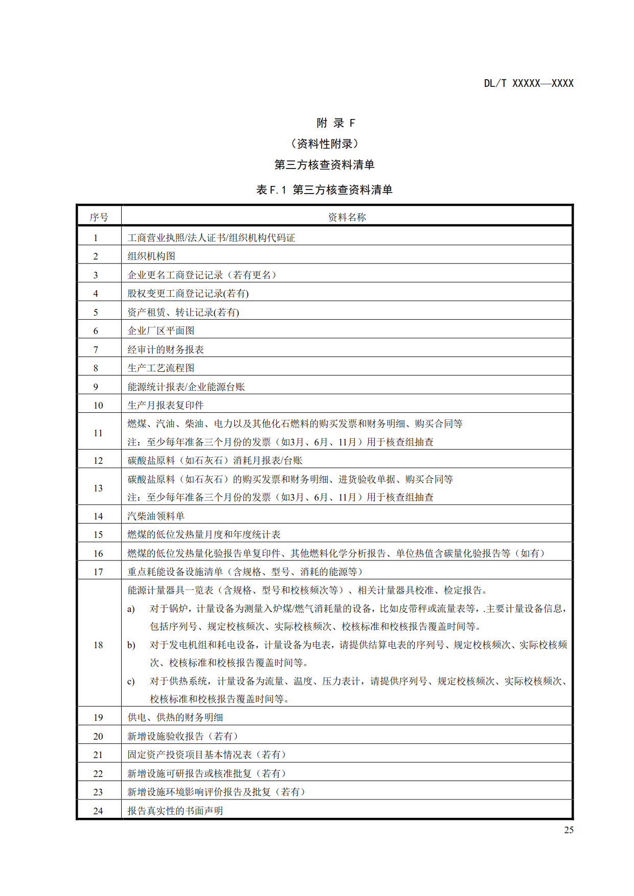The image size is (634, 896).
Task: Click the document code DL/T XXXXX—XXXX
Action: coord(529,83)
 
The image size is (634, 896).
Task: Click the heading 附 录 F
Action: coord(335,123)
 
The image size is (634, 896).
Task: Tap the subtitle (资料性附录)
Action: coord(324,144)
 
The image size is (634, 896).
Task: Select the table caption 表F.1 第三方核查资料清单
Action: coord(324,190)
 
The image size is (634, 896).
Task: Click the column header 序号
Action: coord(99,218)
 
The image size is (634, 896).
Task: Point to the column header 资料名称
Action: coord(347,218)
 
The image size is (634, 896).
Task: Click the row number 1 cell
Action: coord(96,238)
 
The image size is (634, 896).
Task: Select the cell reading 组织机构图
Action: coord(151,256)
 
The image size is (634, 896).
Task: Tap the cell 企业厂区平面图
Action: coord(161,331)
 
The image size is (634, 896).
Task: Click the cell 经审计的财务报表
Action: coord(166,350)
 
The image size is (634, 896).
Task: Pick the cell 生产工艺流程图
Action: coord(161,368)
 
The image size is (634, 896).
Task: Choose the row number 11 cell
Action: coord(98,433)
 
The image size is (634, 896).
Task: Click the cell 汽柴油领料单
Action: coord(156,516)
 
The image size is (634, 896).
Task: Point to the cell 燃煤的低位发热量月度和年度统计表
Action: coord(204,535)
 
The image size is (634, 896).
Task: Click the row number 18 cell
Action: coord(98,645)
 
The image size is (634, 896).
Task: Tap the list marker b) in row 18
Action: coord(131,645)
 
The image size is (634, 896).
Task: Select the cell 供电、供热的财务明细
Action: coord(175,718)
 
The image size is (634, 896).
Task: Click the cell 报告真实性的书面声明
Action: coord(175,811)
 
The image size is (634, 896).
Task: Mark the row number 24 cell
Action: coord(98,811)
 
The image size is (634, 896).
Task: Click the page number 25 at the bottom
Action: coord(569,830)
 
